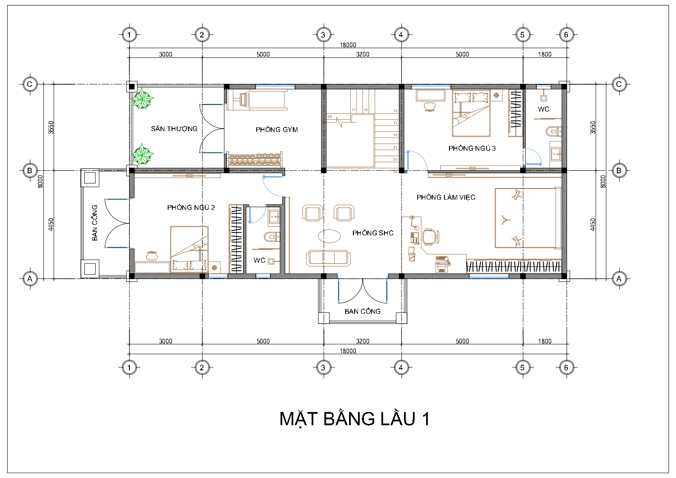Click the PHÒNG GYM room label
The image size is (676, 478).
coord(277,130)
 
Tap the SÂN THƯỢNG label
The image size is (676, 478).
coord(174,129)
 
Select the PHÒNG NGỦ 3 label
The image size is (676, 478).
coord(472,148)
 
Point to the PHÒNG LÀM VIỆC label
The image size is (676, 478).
coord(446,197)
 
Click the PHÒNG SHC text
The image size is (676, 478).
coord(373,233)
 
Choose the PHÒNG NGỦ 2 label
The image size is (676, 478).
coord(191,207)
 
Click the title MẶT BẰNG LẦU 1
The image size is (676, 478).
coord(355,419)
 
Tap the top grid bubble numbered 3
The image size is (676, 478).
coord(323,35)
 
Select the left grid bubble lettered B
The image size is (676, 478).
coord(30,171)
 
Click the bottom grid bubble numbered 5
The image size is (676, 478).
coord(522,368)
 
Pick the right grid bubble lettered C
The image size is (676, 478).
coord(619,84)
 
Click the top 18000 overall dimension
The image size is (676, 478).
coord(348,45)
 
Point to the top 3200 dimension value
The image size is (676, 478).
coord(363,54)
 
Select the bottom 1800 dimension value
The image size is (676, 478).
coord(545,341)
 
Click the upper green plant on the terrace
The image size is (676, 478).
coord(142,99)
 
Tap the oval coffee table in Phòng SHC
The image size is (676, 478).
coord(329,236)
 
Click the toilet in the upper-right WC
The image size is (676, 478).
coord(553,132)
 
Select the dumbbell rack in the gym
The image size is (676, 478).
coord(255,159)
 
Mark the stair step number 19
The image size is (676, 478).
coord(395,135)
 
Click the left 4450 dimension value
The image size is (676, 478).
coord(51,224)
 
